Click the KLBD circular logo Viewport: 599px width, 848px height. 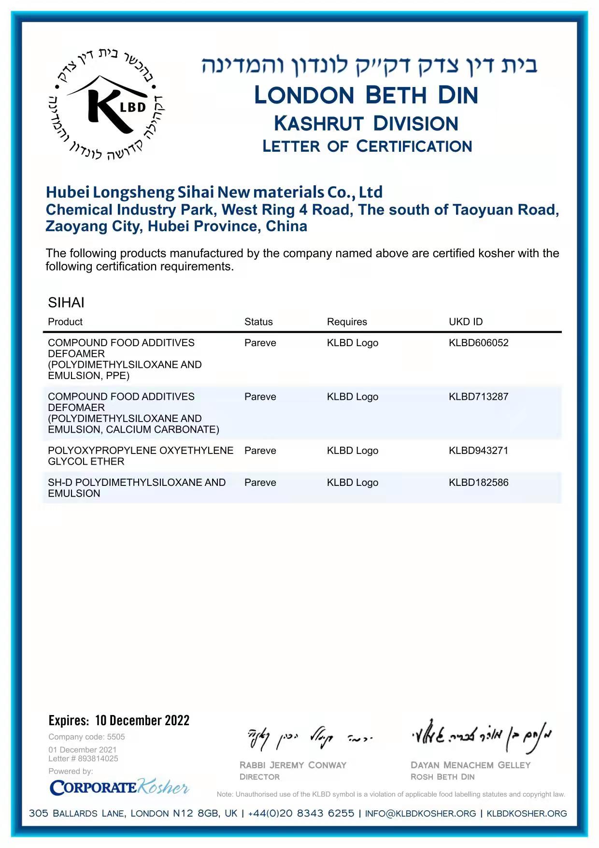(x=106, y=104)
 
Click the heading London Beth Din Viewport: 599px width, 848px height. (x=366, y=95)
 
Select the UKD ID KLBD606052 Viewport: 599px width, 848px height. (x=478, y=343)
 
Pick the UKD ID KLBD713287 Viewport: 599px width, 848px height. (x=478, y=396)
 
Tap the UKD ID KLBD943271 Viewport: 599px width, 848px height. (x=478, y=451)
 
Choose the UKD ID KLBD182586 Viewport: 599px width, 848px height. (x=478, y=482)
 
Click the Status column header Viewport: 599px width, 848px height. (x=258, y=322)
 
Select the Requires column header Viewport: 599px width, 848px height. (x=347, y=322)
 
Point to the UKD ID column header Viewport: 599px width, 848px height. (x=466, y=322)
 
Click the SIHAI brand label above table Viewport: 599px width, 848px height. (x=66, y=303)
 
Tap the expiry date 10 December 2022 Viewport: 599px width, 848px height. (x=142, y=720)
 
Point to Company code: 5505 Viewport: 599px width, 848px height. (x=86, y=737)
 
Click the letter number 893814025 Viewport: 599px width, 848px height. (x=98, y=759)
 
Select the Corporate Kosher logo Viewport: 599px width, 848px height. (x=119, y=788)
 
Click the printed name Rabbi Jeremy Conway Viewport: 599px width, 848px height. (x=293, y=765)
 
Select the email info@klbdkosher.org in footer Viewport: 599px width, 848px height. (x=420, y=813)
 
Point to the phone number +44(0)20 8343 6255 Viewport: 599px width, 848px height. (x=301, y=813)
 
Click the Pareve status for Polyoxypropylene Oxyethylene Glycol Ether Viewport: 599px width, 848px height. (x=260, y=451)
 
